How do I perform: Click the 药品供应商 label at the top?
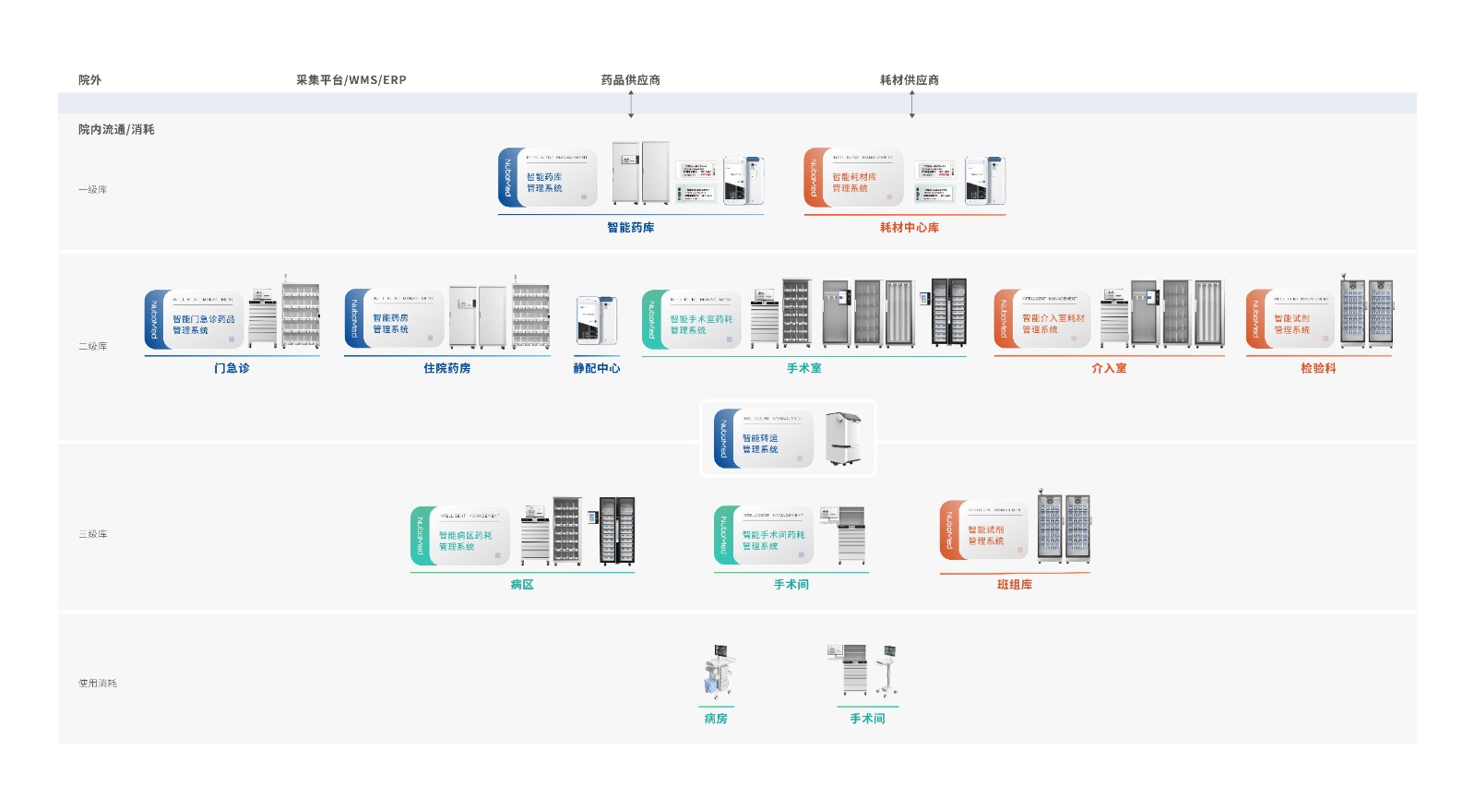(630, 80)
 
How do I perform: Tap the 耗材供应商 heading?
(909, 80)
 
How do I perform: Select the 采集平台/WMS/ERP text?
(351, 80)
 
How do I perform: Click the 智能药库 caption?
(630, 228)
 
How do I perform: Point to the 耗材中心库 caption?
(909, 228)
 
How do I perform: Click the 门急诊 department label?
(232, 368)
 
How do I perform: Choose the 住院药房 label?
(446, 368)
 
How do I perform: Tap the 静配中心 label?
(596, 368)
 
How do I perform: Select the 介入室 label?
(1109, 368)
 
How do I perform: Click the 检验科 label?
(1318, 368)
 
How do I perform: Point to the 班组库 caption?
(1014, 585)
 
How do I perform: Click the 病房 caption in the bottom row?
(715, 719)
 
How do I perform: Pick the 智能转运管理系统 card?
(763, 439)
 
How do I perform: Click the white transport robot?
(843, 438)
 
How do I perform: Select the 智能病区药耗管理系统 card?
(460, 536)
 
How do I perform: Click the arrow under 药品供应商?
(631, 104)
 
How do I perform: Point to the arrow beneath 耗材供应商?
(911, 104)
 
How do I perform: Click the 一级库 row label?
(92, 190)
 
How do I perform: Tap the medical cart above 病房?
(719, 672)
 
